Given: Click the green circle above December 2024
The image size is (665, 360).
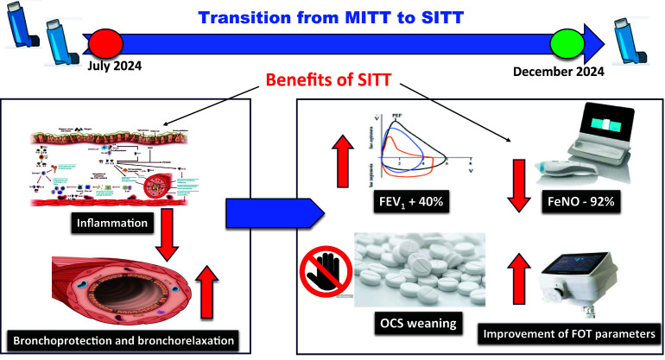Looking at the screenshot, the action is click(x=568, y=42).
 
